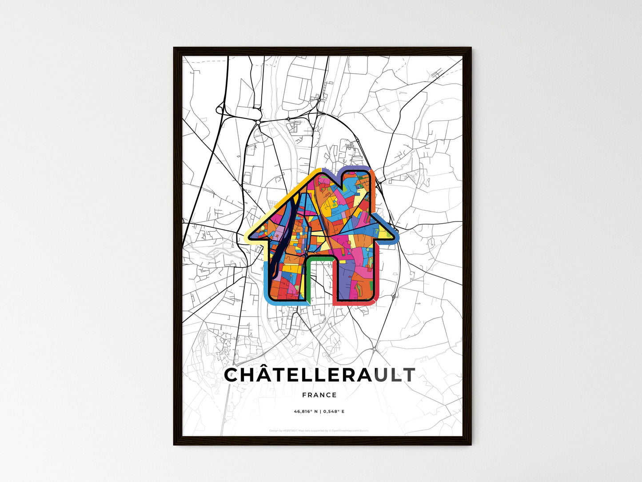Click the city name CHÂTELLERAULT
coord(319,375)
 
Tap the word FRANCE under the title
coord(319,395)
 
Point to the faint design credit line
coord(319,430)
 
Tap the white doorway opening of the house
coord(320,280)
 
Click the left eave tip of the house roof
coord(249,235)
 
